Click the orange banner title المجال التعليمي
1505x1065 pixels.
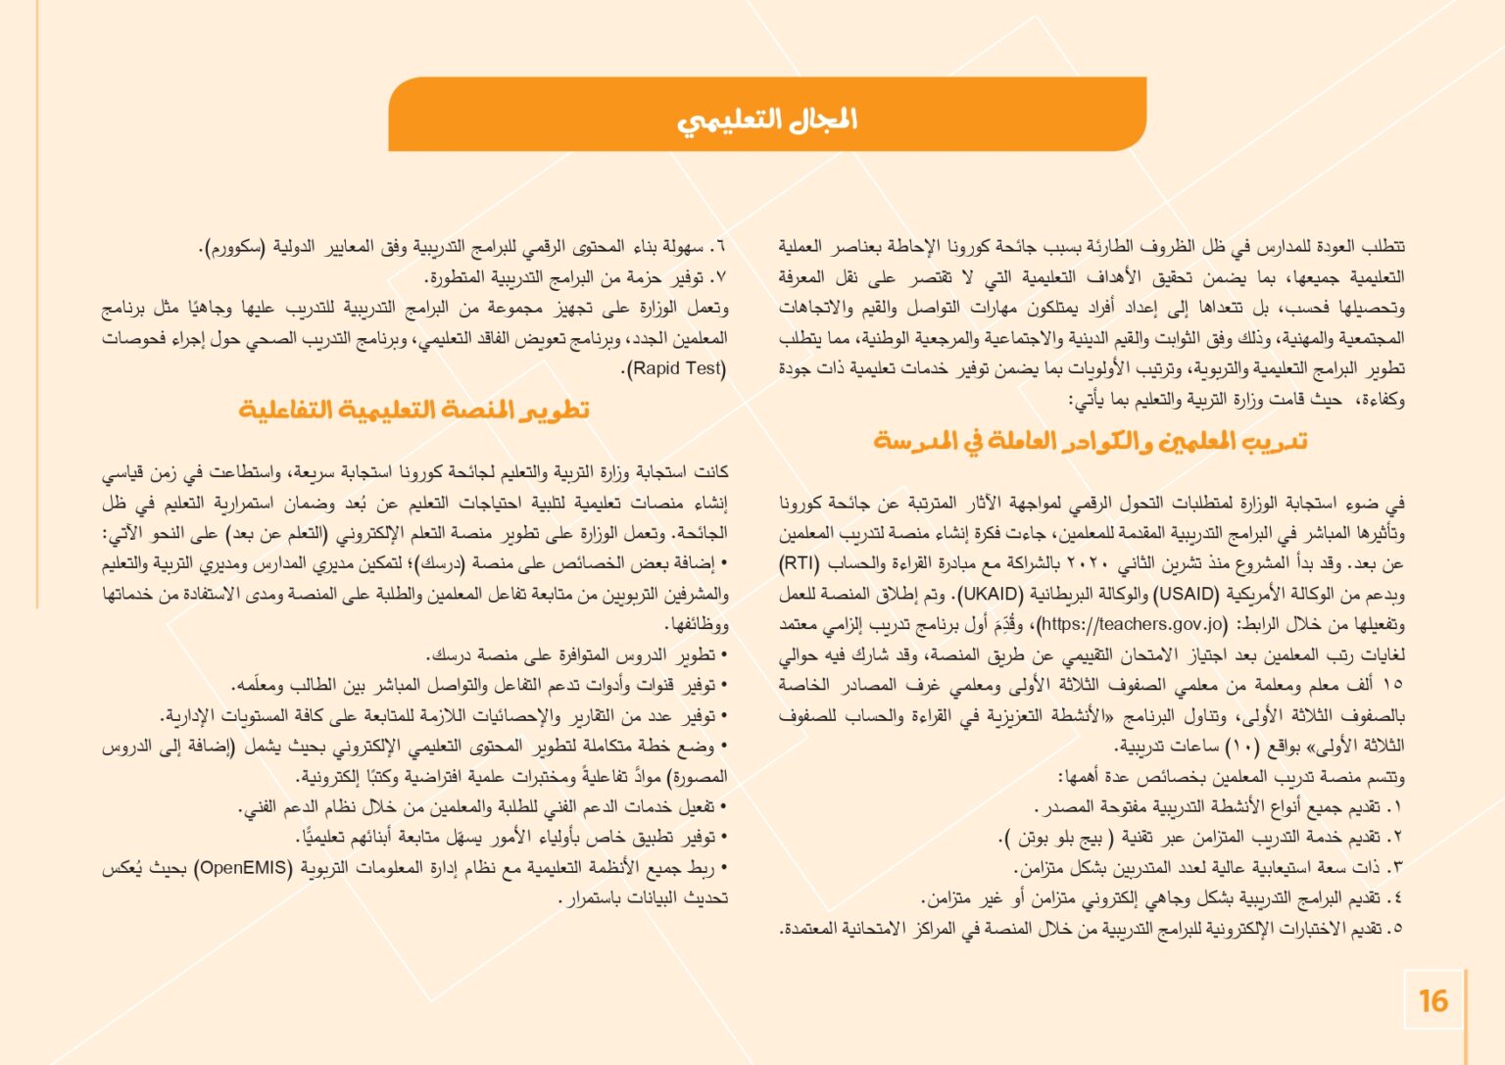766,120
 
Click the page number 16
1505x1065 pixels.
1432,1000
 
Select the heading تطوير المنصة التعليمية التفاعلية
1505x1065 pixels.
414,410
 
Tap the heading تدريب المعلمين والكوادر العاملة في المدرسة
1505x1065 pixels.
1091,441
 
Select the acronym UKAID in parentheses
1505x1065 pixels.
990,594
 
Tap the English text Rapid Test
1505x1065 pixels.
675,369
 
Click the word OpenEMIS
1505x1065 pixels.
243,868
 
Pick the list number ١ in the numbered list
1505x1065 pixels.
1397,808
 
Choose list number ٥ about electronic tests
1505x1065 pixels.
1397,929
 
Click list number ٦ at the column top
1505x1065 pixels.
720,247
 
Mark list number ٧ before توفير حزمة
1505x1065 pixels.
720,277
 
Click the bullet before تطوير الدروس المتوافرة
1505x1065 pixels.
723,655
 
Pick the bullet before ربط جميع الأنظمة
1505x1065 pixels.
723,868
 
